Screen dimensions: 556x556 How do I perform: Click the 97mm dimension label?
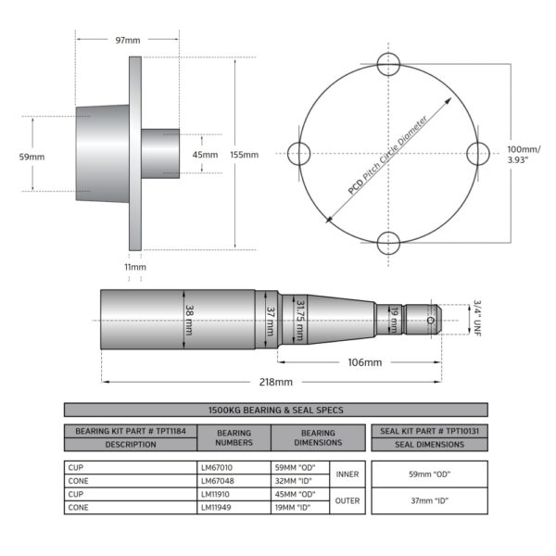128,40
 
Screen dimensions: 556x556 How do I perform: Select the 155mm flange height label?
245,155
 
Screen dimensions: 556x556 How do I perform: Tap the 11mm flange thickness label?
135,267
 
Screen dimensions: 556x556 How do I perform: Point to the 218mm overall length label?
276,382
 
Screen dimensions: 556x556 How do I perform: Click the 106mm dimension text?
365,362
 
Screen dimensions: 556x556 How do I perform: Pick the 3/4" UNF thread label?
477,318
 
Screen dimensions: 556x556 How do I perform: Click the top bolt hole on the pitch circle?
388,64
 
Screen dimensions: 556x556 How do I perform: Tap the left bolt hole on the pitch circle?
299,154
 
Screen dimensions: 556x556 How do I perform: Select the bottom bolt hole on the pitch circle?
388,243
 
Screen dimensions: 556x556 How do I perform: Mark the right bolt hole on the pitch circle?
478,154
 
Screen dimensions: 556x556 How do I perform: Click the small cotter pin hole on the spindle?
431,321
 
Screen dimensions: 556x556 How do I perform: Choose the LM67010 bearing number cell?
234,467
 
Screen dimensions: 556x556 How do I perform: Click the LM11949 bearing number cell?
234,508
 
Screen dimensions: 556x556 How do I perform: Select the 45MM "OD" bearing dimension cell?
300,494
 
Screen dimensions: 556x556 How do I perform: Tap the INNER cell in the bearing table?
347,474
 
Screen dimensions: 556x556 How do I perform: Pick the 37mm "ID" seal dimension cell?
429,500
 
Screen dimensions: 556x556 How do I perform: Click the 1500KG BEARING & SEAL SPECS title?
276,410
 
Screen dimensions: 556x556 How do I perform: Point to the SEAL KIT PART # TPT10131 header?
429,431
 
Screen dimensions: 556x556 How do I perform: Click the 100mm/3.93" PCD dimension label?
524,154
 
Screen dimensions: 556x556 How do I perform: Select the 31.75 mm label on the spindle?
299,321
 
